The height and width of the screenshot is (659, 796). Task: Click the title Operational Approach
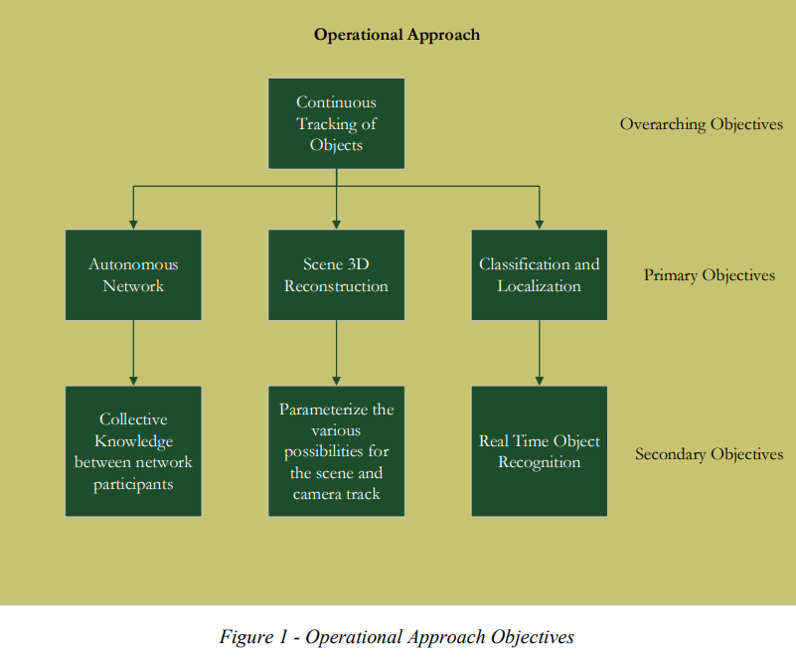tap(397, 35)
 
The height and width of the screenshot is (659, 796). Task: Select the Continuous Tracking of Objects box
tap(337, 123)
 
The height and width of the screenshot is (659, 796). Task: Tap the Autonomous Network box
tap(133, 274)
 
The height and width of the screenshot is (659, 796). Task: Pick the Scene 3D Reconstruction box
tap(337, 274)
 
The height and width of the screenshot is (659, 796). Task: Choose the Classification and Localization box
tap(540, 274)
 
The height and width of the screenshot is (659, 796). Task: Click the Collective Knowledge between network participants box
tap(133, 451)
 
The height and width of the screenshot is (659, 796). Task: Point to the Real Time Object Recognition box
tap(540, 451)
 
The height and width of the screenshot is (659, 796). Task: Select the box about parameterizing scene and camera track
tap(337, 451)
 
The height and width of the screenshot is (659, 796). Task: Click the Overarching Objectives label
tap(701, 124)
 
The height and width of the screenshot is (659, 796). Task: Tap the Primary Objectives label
tap(710, 275)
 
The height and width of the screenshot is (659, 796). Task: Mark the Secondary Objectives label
tap(710, 454)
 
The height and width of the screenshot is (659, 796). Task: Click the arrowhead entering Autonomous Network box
tap(133, 225)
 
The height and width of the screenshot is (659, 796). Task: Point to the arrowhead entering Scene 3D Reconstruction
tap(337, 225)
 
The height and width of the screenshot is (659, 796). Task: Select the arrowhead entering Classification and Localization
tap(540, 225)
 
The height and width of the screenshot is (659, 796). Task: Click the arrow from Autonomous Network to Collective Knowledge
tap(133, 353)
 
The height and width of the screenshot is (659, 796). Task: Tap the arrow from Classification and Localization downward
tap(540, 353)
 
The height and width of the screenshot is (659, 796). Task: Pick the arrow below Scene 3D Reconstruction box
tap(337, 353)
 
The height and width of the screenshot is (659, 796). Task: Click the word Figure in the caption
tap(246, 637)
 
